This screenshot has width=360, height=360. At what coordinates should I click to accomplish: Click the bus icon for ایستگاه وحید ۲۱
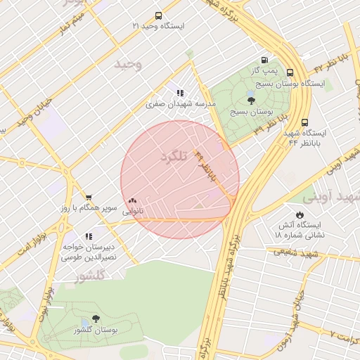(157, 15)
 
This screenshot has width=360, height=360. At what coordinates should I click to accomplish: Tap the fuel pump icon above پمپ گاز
(264, 60)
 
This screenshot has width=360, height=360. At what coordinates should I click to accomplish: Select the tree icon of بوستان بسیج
(252, 101)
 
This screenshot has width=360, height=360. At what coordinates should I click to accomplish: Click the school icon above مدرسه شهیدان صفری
(180, 92)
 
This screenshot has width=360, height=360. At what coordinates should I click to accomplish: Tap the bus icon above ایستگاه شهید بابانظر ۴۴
(304, 122)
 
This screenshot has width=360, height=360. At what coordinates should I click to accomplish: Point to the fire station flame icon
(300, 214)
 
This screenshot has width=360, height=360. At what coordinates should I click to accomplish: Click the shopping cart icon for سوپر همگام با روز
(89, 198)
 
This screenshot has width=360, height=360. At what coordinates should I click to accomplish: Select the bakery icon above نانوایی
(133, 200)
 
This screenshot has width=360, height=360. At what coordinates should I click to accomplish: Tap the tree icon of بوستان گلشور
(96, 319)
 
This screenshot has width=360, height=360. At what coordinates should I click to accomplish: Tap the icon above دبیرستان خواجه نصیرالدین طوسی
(89, 237)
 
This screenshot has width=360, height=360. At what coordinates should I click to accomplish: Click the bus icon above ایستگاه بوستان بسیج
(290, 72)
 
